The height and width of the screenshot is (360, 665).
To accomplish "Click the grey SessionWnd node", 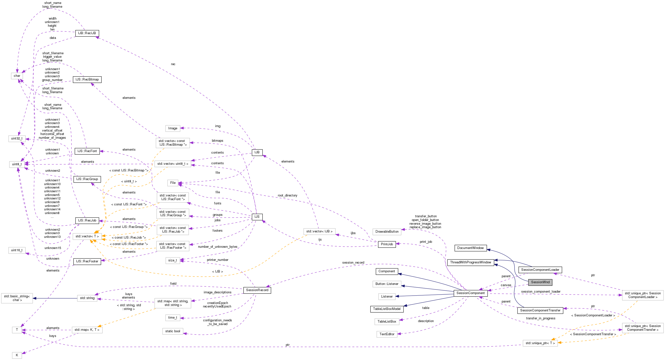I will pyautogui.click(x=540, y=282).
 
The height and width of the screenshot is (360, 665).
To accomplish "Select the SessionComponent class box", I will pyautogui.click(x=470, y=293).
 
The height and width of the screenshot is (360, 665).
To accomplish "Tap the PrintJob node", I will pyautogui.click(x=387, y=244).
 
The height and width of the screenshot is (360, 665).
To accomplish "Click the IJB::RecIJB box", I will pyautogui.click(x=87, y=33).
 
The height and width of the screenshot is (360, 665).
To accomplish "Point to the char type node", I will pyautogui.click(x=17, y=76).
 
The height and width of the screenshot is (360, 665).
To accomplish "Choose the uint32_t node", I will pyautogui.click(x=17, y=138).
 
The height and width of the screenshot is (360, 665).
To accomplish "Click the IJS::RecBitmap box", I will pyautogui.click(x=87, y=80).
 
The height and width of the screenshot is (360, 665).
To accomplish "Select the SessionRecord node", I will pyautogui.click(x=257, y=290).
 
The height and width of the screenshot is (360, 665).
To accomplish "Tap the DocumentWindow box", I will pyautogui.click(x=470, y=248).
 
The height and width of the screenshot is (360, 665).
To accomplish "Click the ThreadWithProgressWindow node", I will pyautogui.click(x=470, y=262).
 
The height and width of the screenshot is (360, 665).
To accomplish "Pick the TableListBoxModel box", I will pyautogui.click(x=386, y=309).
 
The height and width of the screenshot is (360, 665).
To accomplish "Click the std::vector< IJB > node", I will pyautogui.click(x=319, y=231).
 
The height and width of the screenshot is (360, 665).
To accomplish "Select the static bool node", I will pyautogui.click(x=173, y=331).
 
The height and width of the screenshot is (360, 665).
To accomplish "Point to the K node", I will pyautogui.click(x=17, y=355).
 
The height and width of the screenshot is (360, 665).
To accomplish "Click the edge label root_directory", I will pyautogui.click(x=287, y=195).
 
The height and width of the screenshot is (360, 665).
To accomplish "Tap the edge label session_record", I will pyautogui.click(x=353, y=262).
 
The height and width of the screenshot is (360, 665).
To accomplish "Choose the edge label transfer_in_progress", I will pyautogui.click(x=541, y=318).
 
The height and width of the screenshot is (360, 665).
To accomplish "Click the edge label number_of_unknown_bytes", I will pyautogui.click(x=217, y=247).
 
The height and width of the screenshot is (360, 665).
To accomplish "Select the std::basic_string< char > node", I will pyautogui.click(x=17, y=298).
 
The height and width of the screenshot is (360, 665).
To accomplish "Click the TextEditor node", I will pyautogui.click(x=387, y=334).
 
